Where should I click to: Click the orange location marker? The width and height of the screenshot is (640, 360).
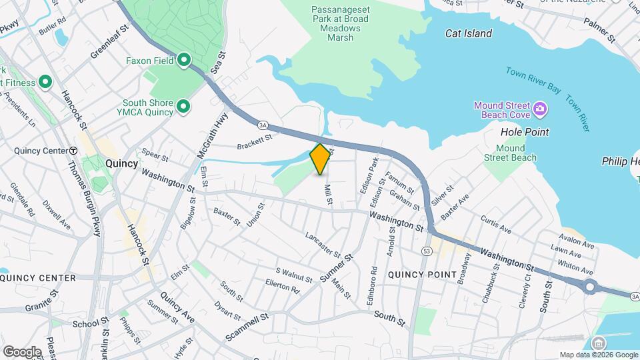[x=321, y=159]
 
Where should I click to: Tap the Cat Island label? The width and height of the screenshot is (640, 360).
[x=469, y=33]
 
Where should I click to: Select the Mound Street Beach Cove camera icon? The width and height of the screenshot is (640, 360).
[x=540, y=107]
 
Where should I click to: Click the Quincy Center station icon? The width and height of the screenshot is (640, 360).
[x=73, y=151]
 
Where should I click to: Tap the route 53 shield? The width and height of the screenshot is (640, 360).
[x=426, y=251]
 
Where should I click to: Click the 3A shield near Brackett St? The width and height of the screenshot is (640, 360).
[x=263, y=124]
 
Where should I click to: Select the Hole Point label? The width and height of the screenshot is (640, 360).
[x=525, y=132]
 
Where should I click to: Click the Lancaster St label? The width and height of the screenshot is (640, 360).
[x=323, y=245]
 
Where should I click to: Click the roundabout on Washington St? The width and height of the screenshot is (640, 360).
[x=589, y=287]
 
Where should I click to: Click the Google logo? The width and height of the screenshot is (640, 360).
[x=22, y=351]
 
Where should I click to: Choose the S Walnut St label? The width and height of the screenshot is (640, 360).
[x=294, y=275]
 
